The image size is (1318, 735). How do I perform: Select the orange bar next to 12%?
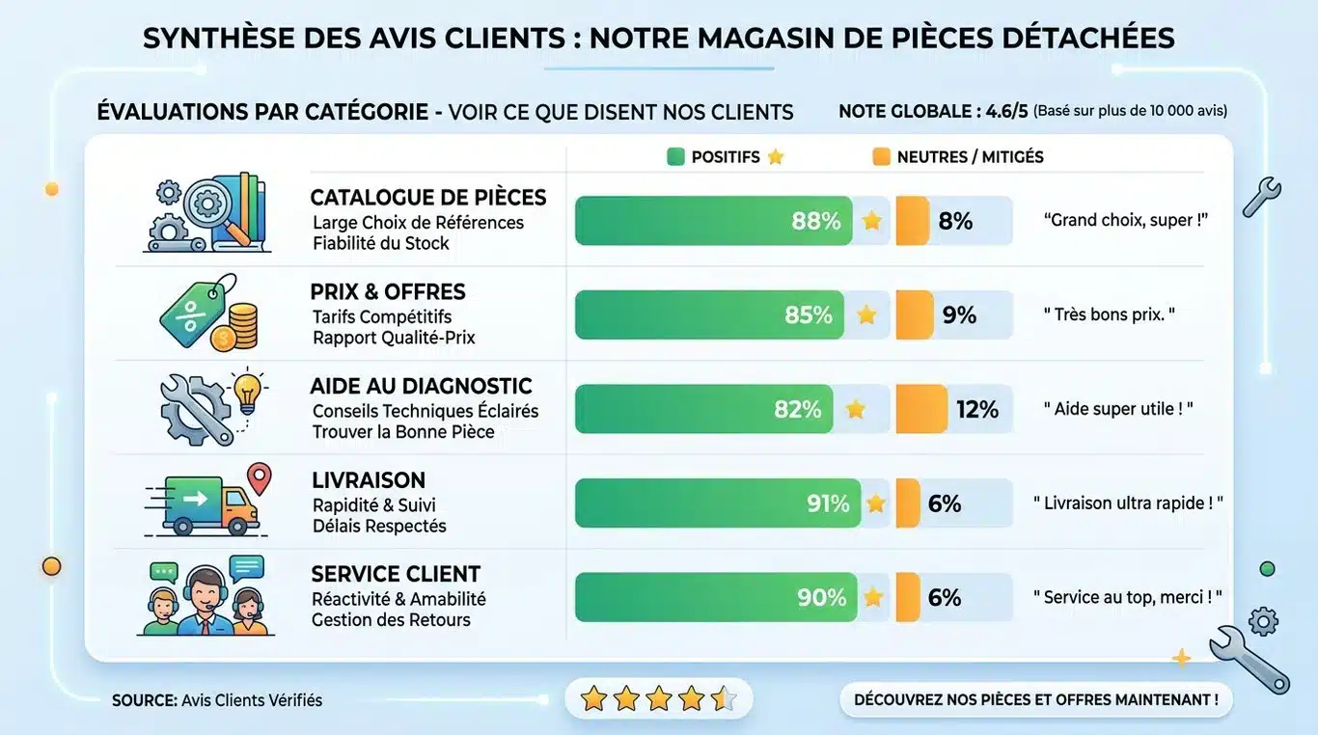point(921,409)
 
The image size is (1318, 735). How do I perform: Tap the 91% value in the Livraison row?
point(828,504)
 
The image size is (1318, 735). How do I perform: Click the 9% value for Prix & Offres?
point(959,315)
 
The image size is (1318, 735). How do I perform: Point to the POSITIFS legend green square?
point(675,156)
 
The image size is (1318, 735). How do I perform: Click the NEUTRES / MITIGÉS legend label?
point(970,156)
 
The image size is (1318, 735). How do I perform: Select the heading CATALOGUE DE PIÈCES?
point(427,198)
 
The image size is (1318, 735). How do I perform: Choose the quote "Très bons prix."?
point(1110,314)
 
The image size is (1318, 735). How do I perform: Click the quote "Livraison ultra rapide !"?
point(1128,504)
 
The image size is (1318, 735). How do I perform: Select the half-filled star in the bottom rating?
point(724,698)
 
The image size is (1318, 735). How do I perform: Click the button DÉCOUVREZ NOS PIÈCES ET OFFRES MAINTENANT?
point(1035,699)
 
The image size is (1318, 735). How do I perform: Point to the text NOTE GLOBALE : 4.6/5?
point(933,112)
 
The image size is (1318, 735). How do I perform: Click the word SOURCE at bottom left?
point(144,700)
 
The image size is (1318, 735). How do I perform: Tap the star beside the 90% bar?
point(872,597)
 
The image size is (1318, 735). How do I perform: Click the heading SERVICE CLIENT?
point(396,574)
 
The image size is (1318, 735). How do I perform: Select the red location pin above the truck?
point(260,476)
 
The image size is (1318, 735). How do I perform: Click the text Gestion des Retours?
point(391,620)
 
